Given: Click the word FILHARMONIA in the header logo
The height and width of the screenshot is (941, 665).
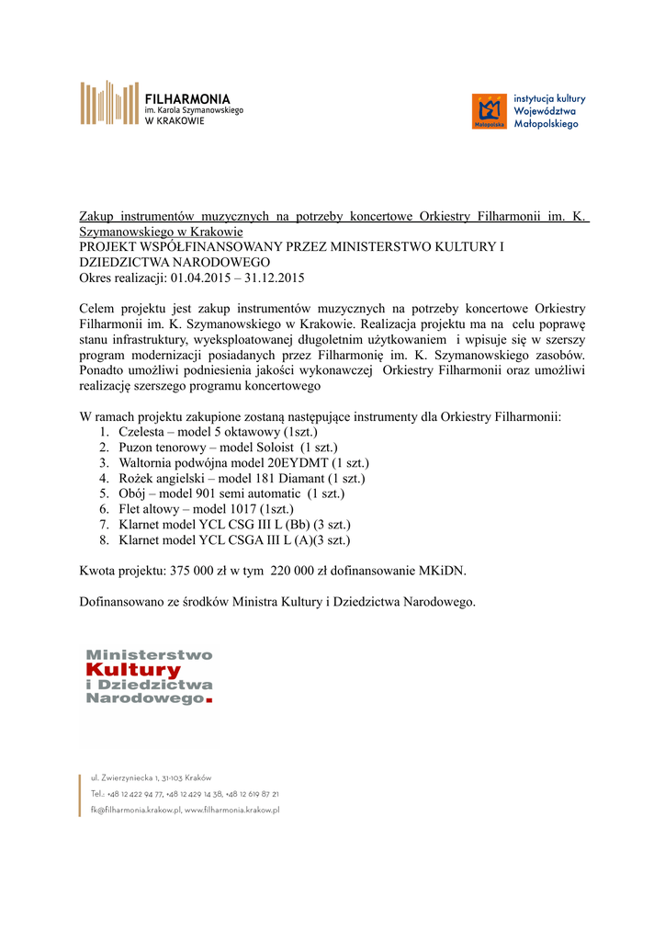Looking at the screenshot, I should tap(188, 98).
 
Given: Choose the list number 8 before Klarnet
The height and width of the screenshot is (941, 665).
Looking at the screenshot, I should tap(104, 540).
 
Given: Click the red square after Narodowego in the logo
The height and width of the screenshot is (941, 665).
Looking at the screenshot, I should tap(209, 701).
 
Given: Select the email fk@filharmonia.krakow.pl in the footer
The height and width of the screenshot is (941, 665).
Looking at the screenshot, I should tap(135, 810).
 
